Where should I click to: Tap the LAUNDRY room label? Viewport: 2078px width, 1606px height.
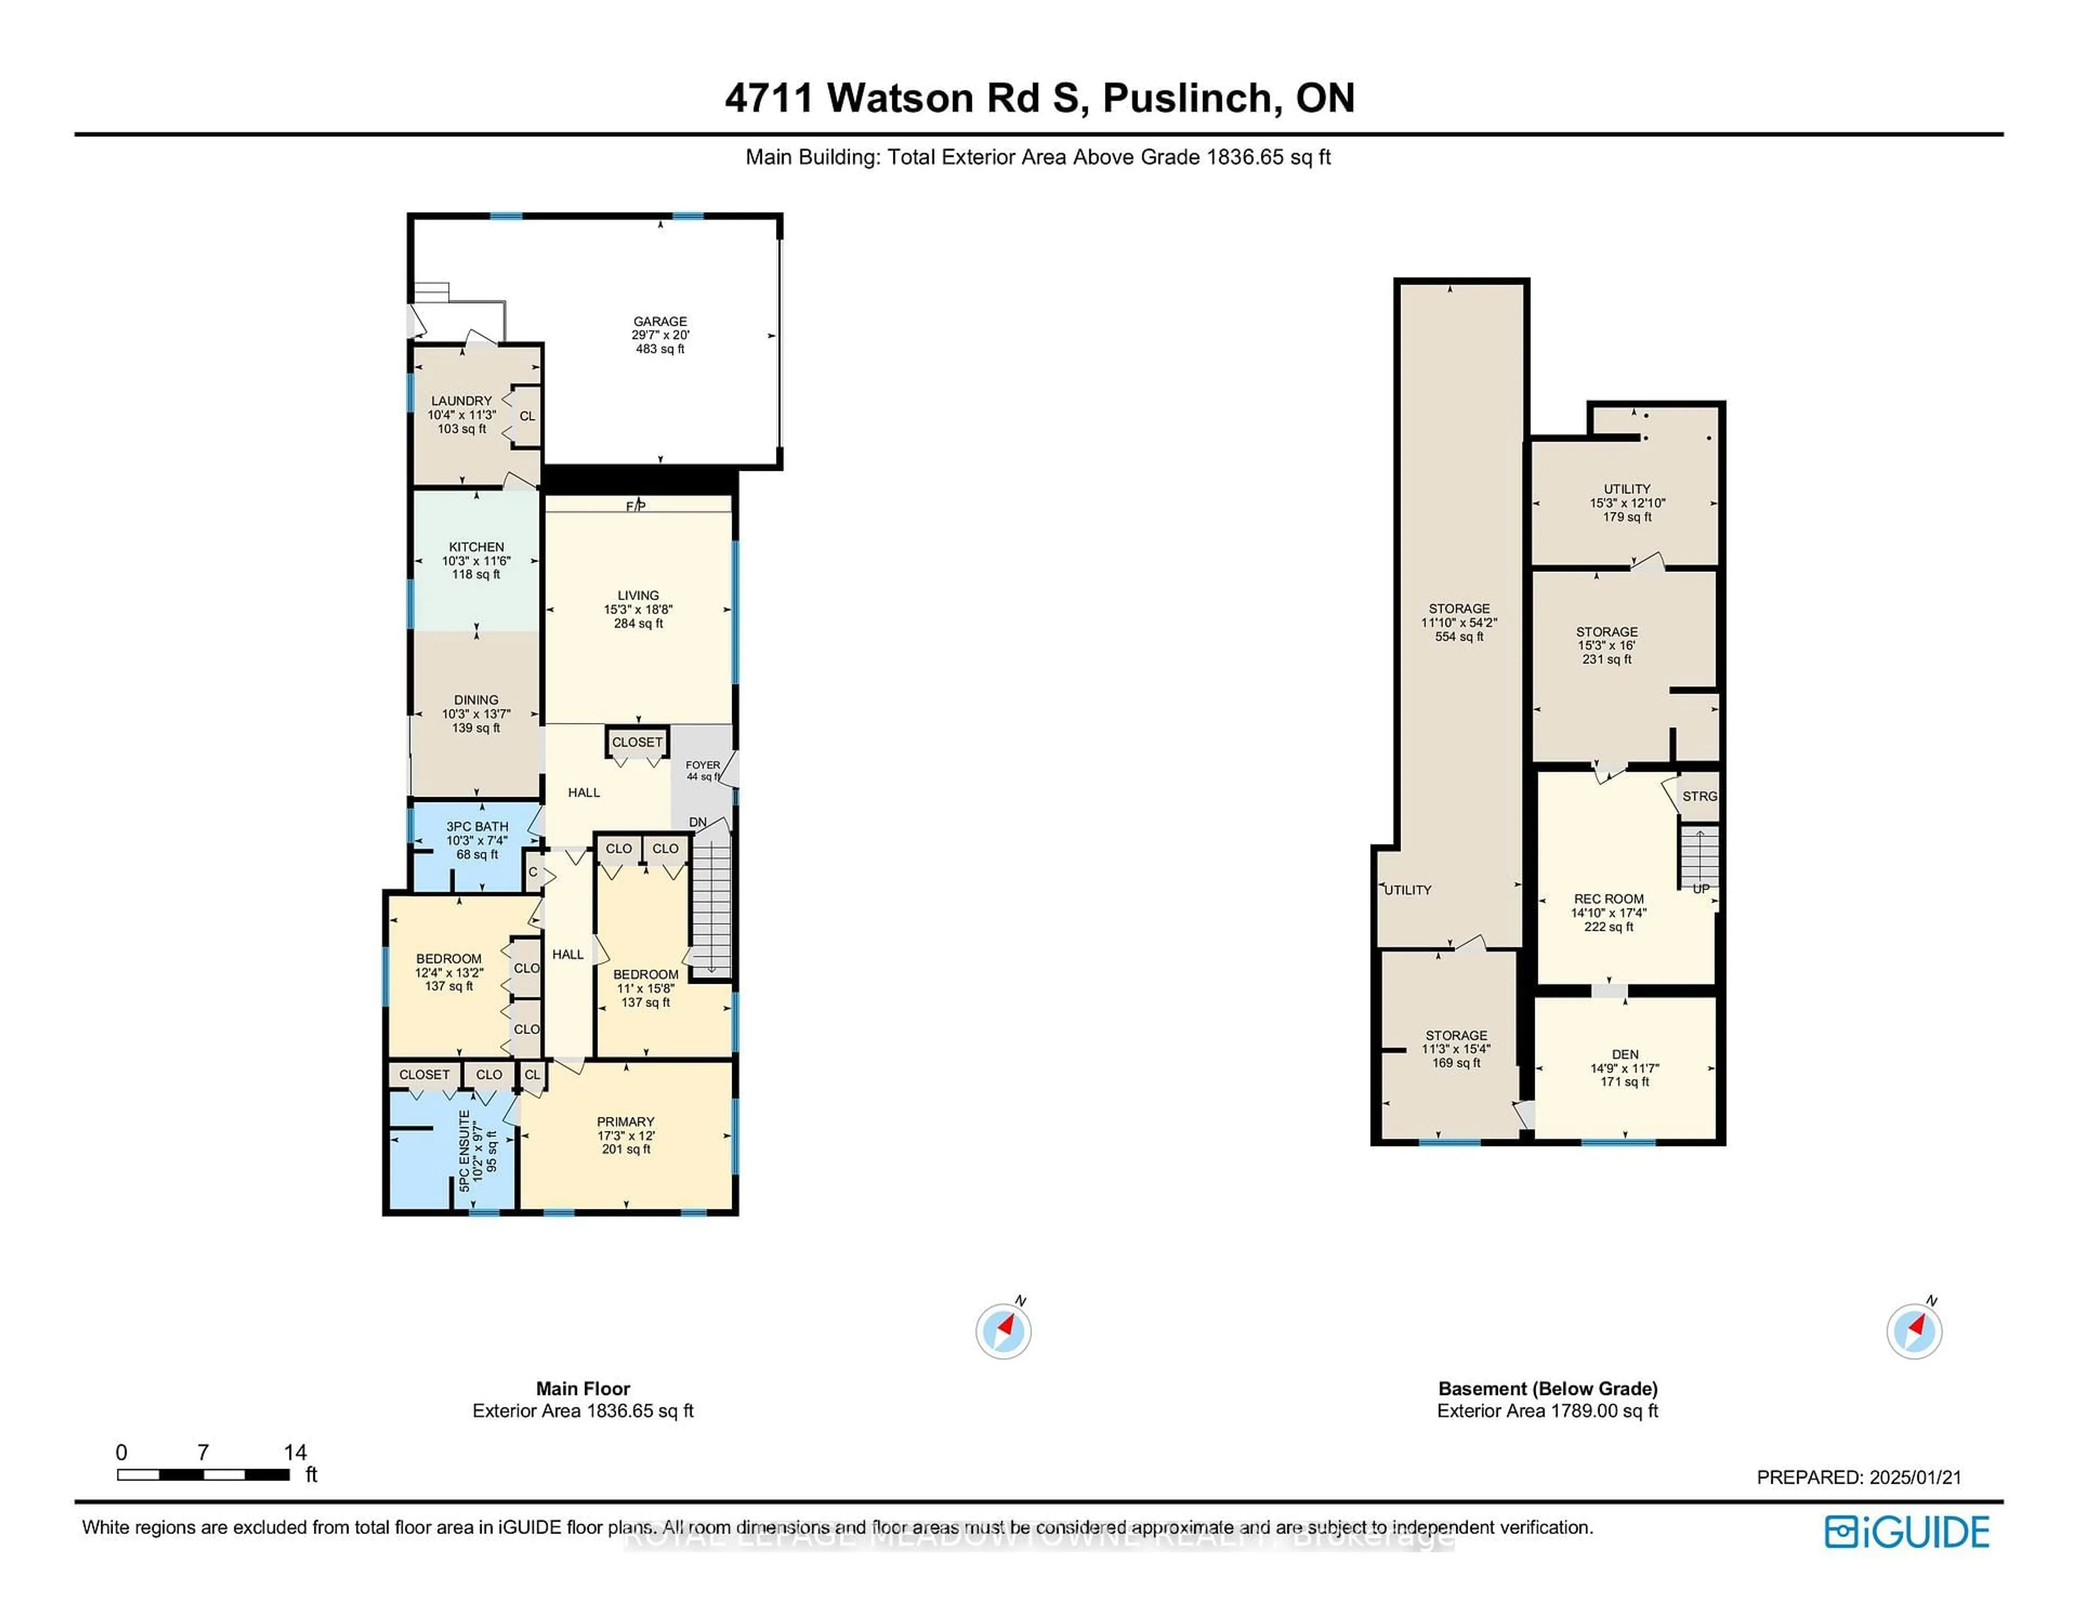462,400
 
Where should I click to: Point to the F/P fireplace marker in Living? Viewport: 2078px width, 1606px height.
636,505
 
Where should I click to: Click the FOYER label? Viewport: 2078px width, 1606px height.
703,765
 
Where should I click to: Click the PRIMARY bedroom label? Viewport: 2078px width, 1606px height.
625,1122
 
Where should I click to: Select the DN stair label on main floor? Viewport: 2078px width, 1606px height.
698,822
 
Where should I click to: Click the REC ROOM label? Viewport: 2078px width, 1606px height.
1608,898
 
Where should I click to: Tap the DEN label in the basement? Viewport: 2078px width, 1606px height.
1625,1054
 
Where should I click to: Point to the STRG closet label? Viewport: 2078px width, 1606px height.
1699,797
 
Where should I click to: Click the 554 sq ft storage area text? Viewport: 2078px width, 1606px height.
1458,636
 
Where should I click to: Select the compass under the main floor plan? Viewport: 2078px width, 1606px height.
1003,1331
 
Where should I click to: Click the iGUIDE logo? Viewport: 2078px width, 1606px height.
1907,1532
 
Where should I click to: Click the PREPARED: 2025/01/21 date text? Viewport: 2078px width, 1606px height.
1858,1478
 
